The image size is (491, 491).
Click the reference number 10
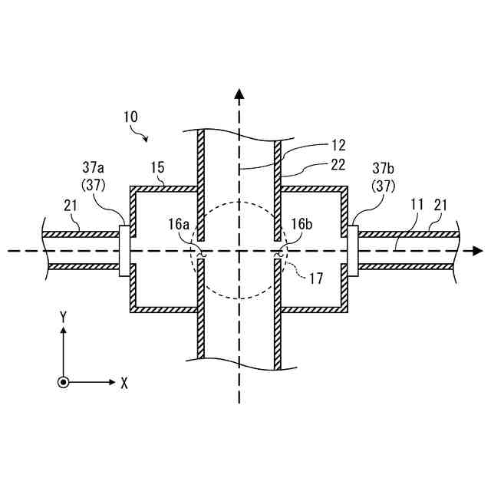pos(130,117)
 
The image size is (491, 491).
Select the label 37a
pos(97,166)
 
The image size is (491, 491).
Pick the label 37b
pos(382,166)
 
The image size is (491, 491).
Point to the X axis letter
pos(124,382)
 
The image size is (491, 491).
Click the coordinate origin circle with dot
pos(63,381)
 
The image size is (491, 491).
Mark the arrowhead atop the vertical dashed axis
pos(239,95)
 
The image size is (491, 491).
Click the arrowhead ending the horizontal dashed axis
pos(477,251)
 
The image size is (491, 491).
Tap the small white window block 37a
pos(124,250)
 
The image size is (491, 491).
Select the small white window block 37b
pos(353,250)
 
